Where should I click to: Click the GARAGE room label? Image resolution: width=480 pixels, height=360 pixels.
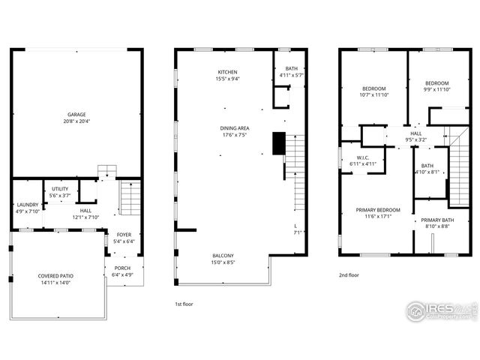pos(76,115)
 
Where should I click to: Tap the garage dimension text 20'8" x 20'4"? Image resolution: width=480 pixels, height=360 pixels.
pos(76,121)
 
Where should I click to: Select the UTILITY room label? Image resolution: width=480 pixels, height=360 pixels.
pos(60,189)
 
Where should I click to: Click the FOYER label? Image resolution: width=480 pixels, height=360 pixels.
pos(124,235)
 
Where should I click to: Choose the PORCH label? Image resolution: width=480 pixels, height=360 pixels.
pos(122,268)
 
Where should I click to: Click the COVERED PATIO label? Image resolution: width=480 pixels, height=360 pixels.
pos(56,276)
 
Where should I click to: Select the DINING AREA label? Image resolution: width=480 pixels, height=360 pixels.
pos(235,128)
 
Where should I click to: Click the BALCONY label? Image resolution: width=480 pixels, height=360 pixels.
pos(222,256)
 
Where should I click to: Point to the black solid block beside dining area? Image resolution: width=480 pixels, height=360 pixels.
pos(279,142)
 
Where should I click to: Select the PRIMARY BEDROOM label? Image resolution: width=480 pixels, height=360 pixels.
pos(378,210)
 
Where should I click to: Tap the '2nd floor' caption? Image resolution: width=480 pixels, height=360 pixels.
pos(349,275)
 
